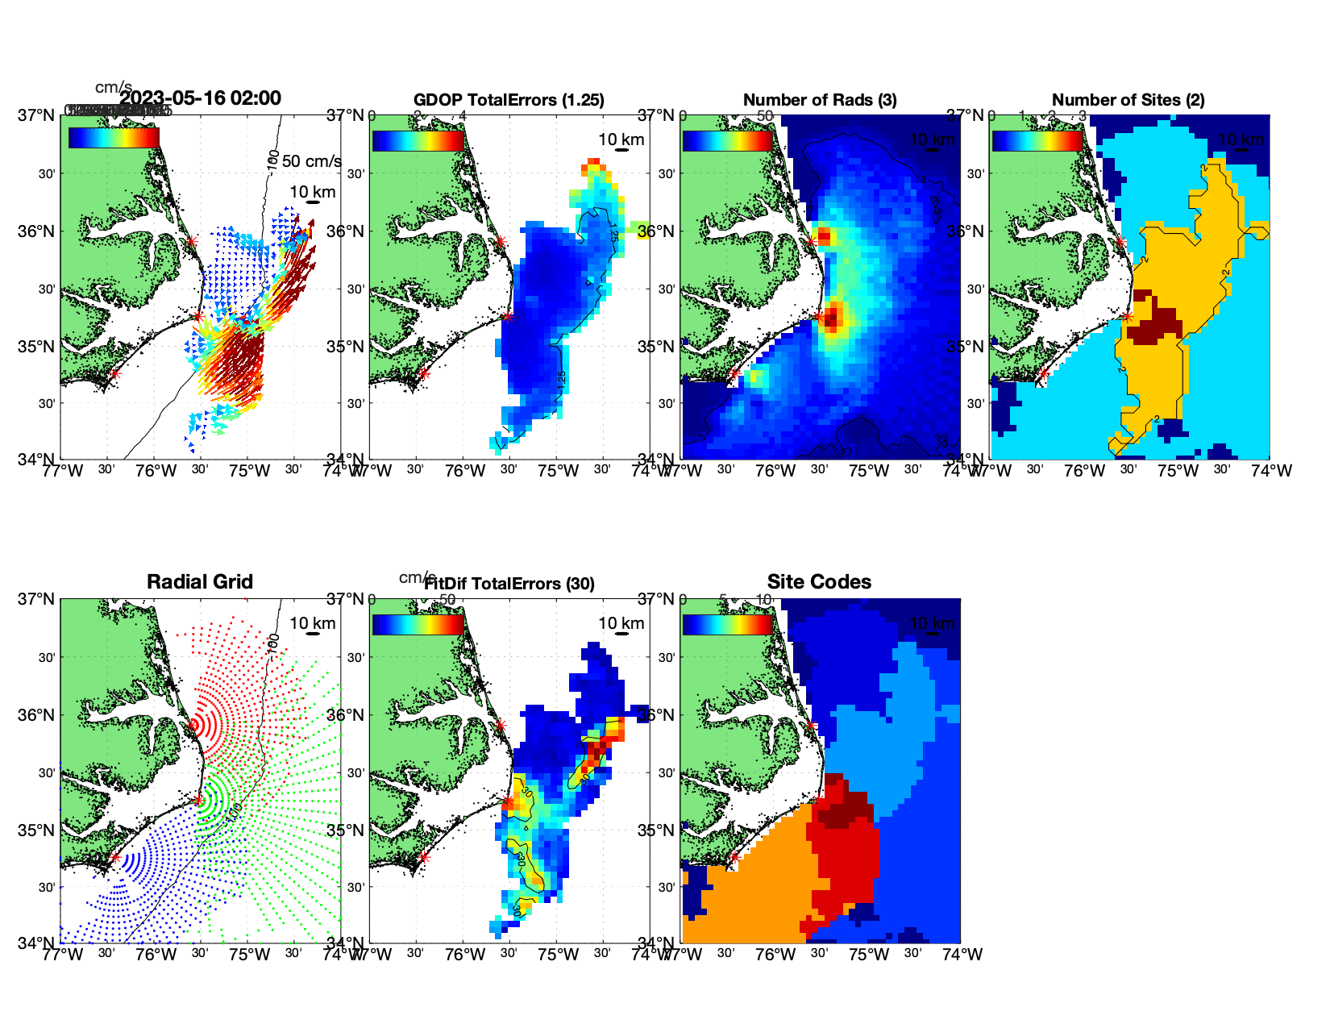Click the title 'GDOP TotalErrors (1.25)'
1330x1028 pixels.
click(509, 100)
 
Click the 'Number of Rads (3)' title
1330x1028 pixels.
click(820, 100)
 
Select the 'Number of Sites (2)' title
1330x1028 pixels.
click(1128, 100)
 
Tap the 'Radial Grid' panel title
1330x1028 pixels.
click(200, 582)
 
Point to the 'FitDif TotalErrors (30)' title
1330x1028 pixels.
click(509, 584)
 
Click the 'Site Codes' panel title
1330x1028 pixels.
click(819, 582)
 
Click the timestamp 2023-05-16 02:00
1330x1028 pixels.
click(201, 98)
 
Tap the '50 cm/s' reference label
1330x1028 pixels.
click(311, 161)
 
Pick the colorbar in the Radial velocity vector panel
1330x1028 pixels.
click(114, 138)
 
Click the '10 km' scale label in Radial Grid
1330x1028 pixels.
click(313, 623)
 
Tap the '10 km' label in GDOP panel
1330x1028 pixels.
click(621, 139)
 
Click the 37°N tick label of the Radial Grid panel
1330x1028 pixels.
click(37, 599)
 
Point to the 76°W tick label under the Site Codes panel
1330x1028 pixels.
click(775, 955)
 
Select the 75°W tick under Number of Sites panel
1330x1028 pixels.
click(1178, 471)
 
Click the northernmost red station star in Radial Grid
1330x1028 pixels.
click(191, 725)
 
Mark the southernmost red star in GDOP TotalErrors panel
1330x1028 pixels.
click(424, 373)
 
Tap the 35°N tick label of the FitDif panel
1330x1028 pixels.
click(347, 830)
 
